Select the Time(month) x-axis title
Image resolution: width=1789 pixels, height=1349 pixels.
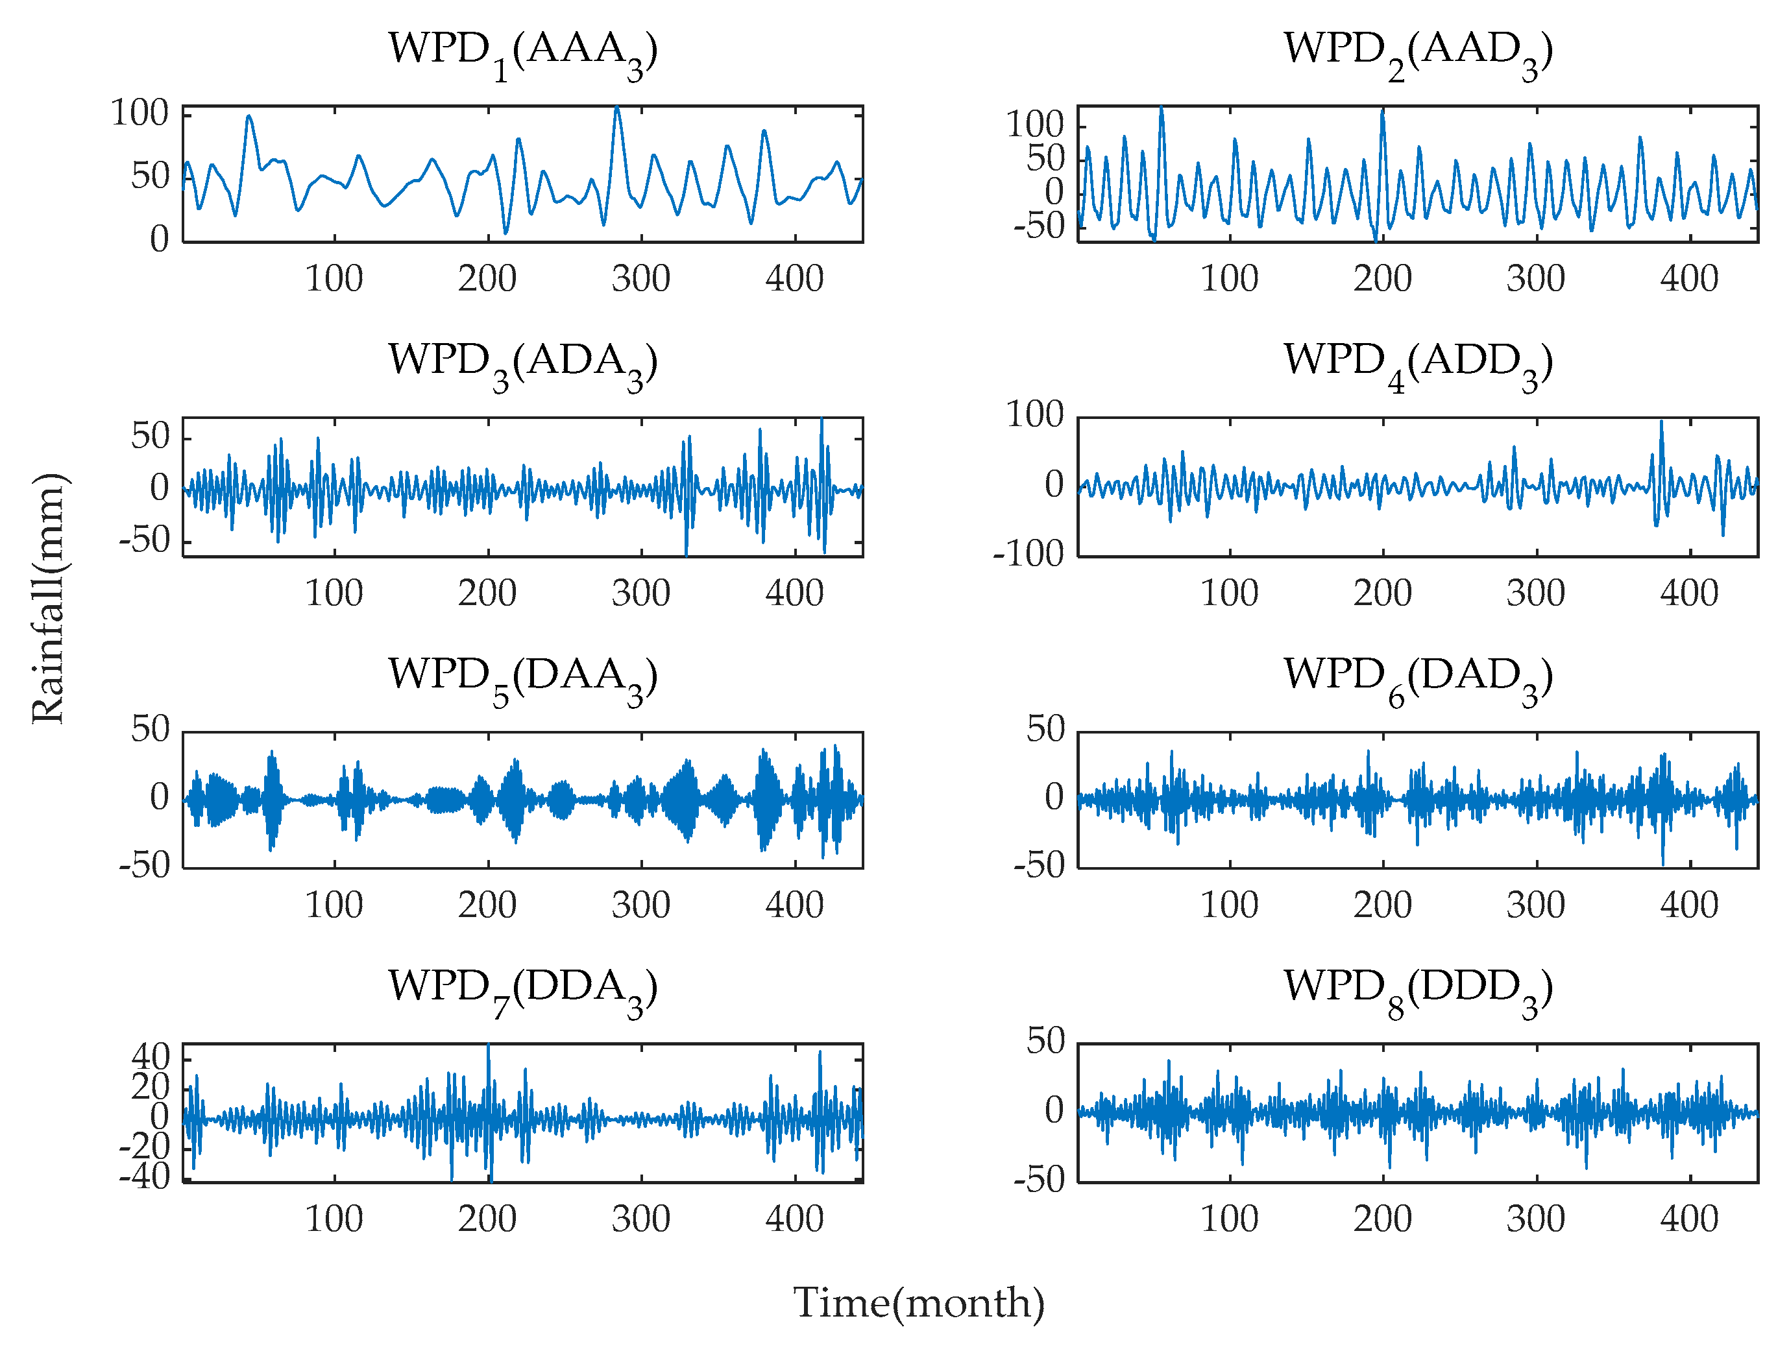[x=918, y=1303]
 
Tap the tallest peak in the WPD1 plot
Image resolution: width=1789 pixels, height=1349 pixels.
[x=616, y=108]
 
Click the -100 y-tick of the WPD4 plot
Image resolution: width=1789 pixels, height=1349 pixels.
[x=1028, y=555]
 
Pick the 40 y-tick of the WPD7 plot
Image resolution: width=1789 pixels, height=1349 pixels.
[x=151, y=1057]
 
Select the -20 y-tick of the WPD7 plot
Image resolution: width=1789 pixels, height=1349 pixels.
[x=144, y=1146]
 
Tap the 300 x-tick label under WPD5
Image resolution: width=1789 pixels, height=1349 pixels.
[x=640, y=905]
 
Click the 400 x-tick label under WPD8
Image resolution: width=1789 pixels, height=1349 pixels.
[x=1688, y=1219]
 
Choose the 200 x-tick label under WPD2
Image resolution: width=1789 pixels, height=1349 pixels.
[x=1382, y=279]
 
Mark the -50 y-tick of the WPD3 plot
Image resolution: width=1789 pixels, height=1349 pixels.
[x=144, y=540]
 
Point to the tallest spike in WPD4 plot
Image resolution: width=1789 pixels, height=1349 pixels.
[x=1661, y=423]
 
